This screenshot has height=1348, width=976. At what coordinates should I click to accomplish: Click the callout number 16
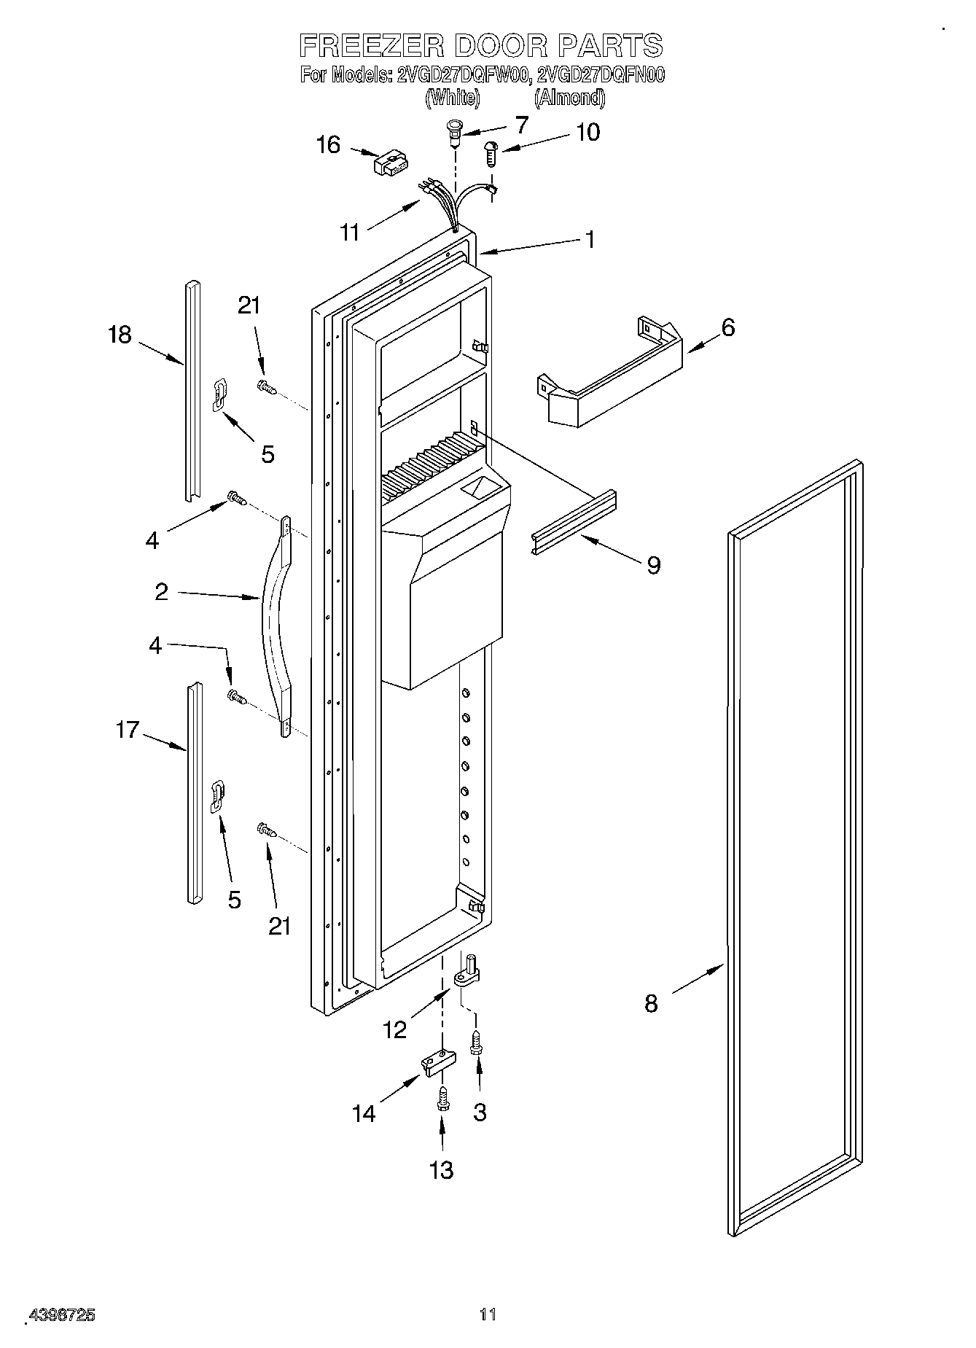[x=328, y=145]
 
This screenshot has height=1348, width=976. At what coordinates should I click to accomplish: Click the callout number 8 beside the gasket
[x=651, y=1004]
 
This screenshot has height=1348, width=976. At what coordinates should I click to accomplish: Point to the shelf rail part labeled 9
[x=573, y=522]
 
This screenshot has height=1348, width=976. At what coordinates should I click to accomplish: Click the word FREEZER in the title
[x=371, y=45]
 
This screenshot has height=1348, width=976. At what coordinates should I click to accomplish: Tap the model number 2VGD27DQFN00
[x=601, y=74]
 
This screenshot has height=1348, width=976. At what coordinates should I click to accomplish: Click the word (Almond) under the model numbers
[x=569, y=97]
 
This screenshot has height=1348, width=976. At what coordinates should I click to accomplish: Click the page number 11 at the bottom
[x=488, y=1315]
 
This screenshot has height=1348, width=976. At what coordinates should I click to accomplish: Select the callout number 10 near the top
[x=587, y=132]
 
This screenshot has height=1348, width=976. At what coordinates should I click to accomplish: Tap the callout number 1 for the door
[x=590, y=239]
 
